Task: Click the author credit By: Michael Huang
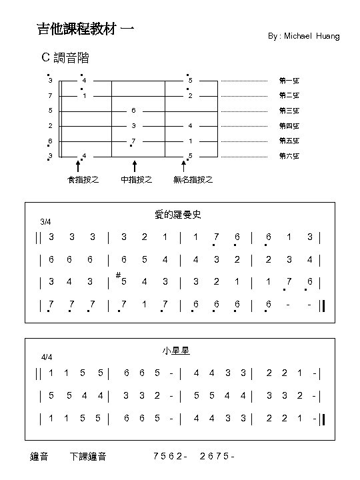coord(303,36)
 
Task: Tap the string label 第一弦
coord(289,81)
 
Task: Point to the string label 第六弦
coord(289,156)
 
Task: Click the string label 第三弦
coord(289,111)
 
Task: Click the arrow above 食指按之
coord(79,165)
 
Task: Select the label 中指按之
coord(136,179)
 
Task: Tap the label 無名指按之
coord(193,179)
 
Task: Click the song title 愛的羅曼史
coord(178,215)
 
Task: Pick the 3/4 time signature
coord(45,221)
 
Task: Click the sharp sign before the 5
coord(117,275)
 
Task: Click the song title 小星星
coord(179,351)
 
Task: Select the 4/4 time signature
coord(47,357)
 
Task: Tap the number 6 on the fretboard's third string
coord(134,111)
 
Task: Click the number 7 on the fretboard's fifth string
coord(134,141)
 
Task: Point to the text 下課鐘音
coord(87,457)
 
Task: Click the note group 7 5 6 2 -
coord(170,457)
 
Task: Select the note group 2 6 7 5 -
coord(217,457)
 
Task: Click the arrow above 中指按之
coord(135,165)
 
